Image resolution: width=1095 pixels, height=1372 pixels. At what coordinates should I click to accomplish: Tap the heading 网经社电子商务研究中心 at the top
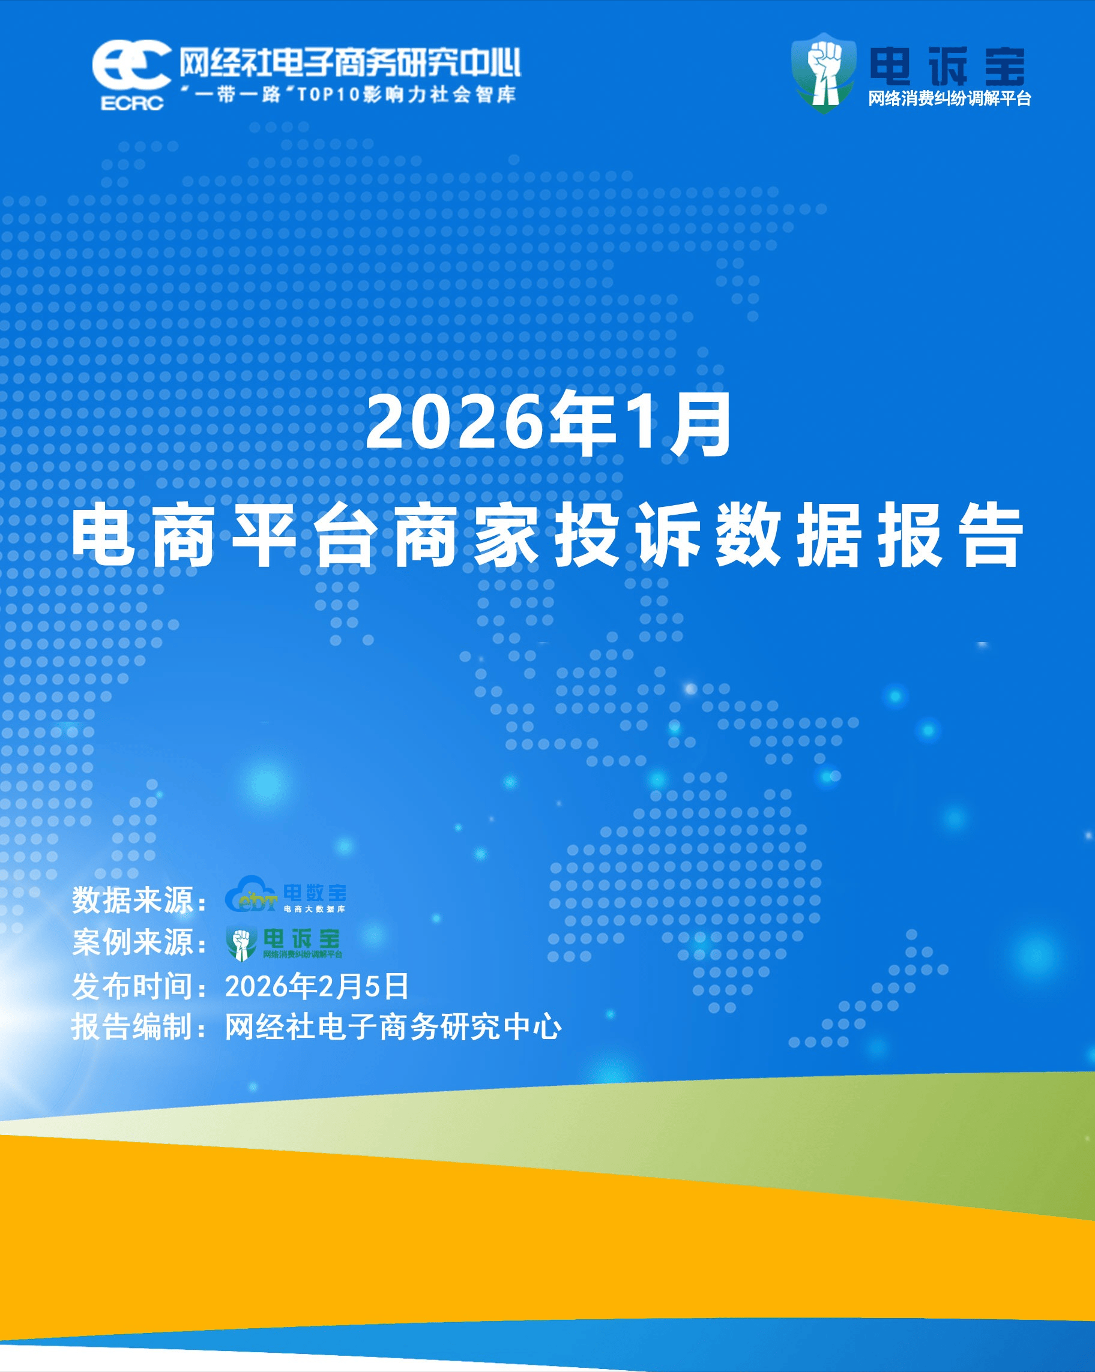349,63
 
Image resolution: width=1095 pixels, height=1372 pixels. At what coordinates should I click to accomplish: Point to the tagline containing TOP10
348,94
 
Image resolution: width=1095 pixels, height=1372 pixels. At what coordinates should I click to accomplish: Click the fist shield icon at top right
823,73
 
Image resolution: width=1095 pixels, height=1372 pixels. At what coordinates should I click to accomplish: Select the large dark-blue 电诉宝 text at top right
947,66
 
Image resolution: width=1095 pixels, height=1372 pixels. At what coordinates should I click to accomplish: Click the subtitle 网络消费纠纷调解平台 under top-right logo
949,98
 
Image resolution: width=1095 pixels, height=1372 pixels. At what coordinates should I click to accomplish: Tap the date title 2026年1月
549,424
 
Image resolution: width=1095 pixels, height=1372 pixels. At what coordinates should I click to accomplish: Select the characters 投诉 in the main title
628,535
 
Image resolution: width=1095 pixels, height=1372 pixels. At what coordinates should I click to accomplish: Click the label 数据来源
133,900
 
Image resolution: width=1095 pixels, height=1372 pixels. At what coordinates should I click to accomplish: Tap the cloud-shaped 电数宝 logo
285,894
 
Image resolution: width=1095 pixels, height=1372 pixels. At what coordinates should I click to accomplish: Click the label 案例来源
133,942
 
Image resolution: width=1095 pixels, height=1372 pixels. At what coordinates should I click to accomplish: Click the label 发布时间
133,986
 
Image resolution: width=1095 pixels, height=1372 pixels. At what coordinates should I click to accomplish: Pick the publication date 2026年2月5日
316,986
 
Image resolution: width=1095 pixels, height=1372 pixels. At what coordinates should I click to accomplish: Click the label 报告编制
133,1027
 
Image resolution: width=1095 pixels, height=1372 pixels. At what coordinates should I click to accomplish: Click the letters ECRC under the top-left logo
132,103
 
